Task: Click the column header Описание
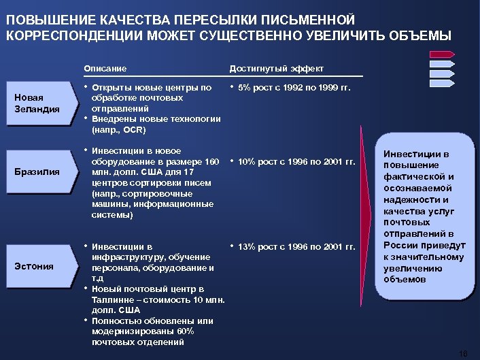point(105,69)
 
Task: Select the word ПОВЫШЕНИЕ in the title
point(46,20)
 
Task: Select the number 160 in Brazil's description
point(211,161)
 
